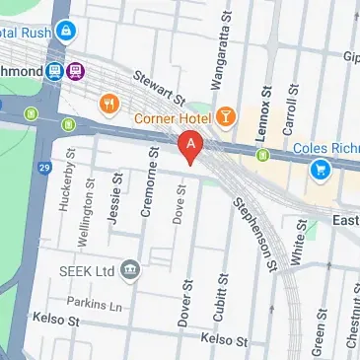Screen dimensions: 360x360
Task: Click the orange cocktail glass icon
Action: click(227, 117)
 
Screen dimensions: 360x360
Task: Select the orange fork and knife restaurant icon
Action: click(109, 102)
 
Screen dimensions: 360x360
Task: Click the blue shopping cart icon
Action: click(320, 170)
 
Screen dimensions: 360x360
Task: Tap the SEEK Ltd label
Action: click(86, 270)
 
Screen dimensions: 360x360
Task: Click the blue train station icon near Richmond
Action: click(54, 71)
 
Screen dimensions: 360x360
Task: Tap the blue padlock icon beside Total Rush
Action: click(66, 32)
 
